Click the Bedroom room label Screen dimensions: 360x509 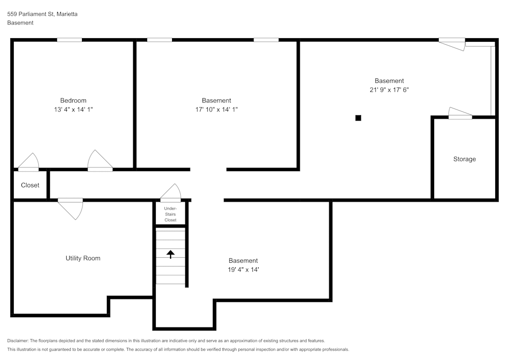pyautogui.click(x=73, y=100)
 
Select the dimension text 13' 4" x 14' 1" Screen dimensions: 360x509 pyautogui.click(x=73, y=109)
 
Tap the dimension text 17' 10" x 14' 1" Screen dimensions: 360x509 pyautogui.click(x=216, y=109)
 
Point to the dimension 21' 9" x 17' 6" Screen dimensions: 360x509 pyautogui.click(x=389, y=90)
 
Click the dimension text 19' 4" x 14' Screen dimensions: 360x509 pyautogui.click(x=243, y=269)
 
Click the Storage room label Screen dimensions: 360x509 pyautogui.click(x=464, y=159)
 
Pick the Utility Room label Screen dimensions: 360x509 pyautogui.click(x=83, y=258)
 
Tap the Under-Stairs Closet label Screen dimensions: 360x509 pyautogui.click(x=171, y=214)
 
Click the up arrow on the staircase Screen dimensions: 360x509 pyautogui.click(x=171, y=254)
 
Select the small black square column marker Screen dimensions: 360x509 pyautogui.click(x=358, y=118)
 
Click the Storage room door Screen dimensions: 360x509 pyautogui.click(x=460, y=114)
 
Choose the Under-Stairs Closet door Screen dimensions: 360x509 pyautogui.click(x=171, y=193)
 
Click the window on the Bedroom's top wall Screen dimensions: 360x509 pyautogui.click(x=69, y=40)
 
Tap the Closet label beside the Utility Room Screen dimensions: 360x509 pyautogui.click(x=30, y=185)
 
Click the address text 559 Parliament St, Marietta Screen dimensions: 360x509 pyautogui.click(x=42, y=14)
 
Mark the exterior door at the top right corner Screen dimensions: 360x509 pyautogui.click(x=452, y=44)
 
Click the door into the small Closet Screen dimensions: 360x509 pyautogui.click(x=29, y=162)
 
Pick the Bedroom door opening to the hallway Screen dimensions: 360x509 pyautogui.click(x=100, y=161)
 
